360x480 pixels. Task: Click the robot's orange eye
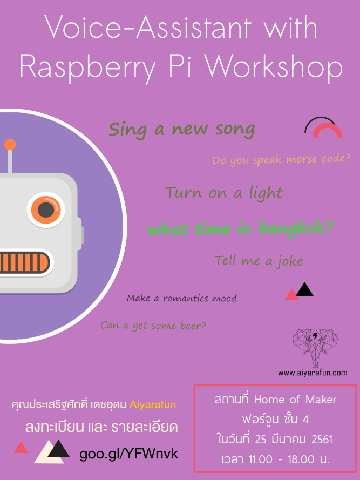pos(46,210)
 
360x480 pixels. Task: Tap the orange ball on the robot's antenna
pos(10,145)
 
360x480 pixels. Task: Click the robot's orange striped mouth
pos(24,262)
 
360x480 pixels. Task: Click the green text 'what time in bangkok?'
pos(241,229)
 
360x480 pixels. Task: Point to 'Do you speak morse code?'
pos(281,160)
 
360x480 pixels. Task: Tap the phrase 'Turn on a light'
pos(224,193)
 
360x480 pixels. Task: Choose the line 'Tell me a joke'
pos(259,261)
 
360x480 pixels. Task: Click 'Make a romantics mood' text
pos(182,298)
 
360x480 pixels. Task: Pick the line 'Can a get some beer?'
pos(153,326)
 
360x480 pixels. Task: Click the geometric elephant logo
pos(315,348)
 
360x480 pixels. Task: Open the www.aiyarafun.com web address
pos(313,373)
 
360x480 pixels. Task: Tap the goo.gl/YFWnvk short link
pos(128,454)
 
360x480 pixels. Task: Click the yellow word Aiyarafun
pos(153,405)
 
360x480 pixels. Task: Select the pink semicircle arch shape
pos(327,131)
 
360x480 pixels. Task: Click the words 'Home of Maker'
pos(295,400)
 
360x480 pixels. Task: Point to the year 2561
pos(322,440)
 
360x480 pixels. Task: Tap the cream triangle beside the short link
pos(49,452)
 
